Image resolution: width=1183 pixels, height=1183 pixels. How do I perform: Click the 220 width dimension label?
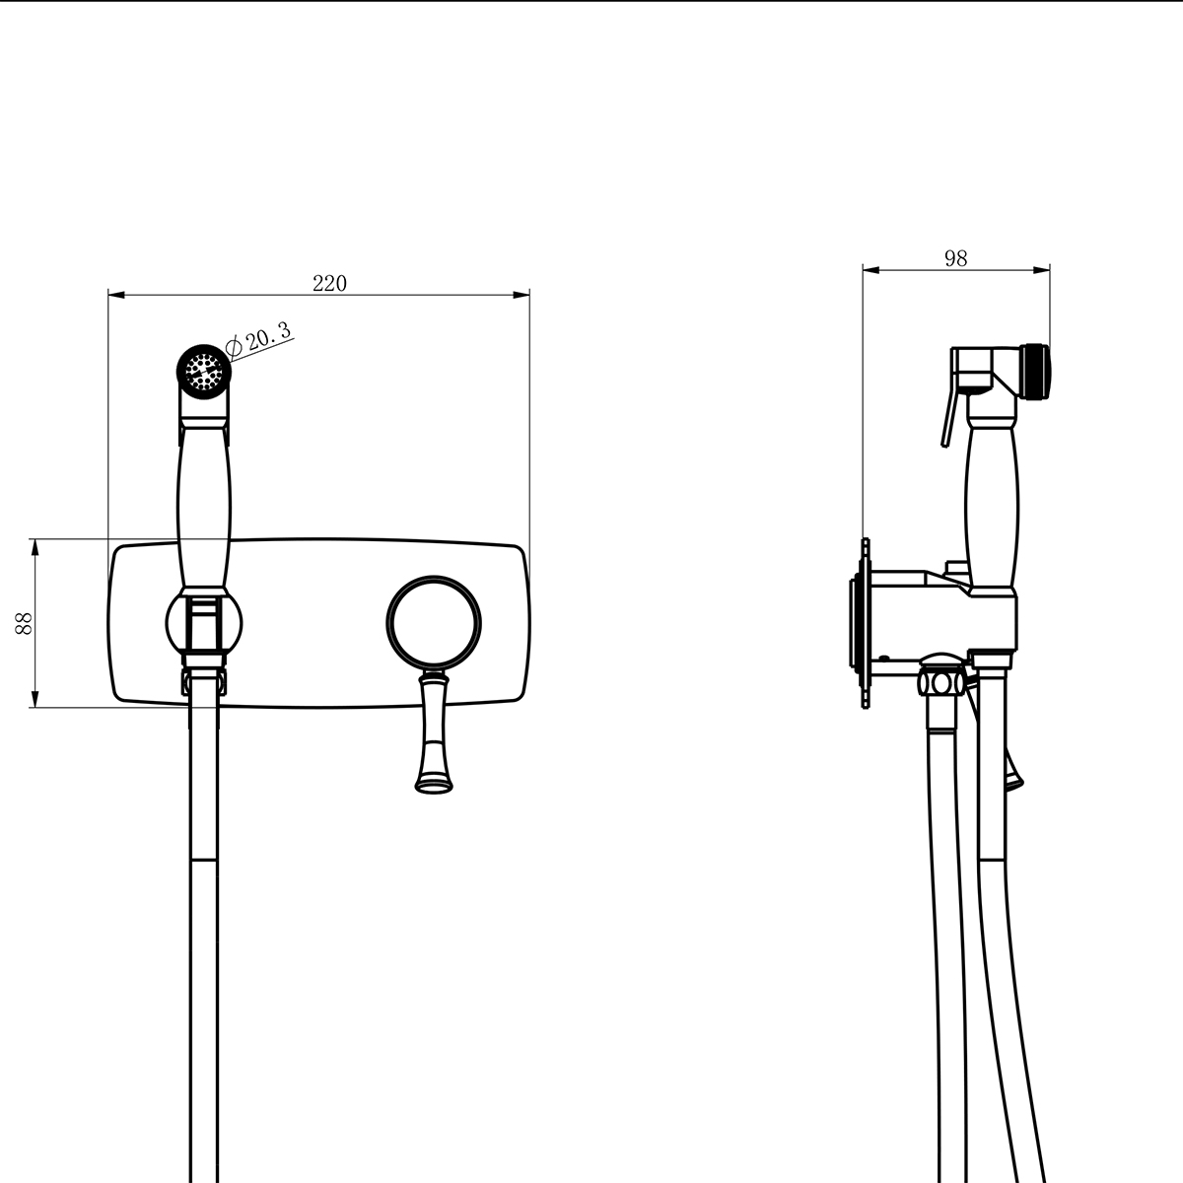point(329,283)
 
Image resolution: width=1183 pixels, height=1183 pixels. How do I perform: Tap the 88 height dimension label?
point(24,623)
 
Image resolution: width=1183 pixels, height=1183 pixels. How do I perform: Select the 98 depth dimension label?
point(956,258)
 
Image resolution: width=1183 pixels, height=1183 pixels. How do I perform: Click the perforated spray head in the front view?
point(204,372)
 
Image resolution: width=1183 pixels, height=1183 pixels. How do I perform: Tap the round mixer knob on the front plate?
point(434,623)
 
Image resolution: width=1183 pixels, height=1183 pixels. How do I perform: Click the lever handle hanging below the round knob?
point(435,731)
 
